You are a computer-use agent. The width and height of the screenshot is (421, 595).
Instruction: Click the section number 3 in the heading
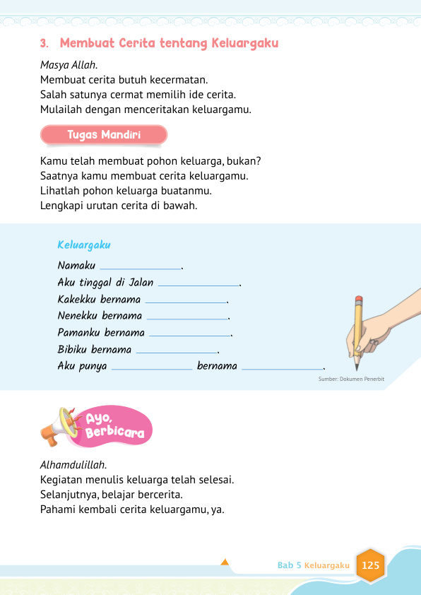44,44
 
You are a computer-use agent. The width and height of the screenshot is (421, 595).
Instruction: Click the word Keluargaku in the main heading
244,44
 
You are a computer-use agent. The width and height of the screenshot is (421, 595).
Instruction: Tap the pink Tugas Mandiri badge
104,135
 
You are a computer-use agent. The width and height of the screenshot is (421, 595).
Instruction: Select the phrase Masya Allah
69,65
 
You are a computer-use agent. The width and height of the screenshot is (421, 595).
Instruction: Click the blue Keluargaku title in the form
84,245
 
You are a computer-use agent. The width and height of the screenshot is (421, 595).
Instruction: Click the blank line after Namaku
141,268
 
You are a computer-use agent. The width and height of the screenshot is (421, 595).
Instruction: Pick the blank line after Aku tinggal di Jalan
198,285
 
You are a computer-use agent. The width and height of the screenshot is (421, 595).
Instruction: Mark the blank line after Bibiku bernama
177,351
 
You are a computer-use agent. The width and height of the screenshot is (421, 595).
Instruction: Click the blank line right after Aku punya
152,368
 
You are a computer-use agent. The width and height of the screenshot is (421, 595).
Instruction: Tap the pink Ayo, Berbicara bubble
113,426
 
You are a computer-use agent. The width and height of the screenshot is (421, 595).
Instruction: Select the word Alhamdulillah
73,465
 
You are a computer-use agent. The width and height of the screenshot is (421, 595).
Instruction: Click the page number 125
370,565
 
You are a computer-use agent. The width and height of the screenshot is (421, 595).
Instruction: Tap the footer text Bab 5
290,566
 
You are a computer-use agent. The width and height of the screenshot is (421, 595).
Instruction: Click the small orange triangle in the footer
225,562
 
